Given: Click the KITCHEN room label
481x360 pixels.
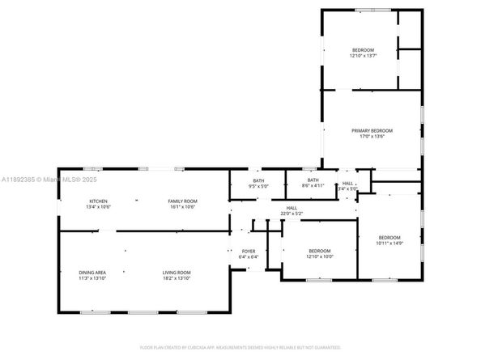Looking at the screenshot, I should tap(98, 201).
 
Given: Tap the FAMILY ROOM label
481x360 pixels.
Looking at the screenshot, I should tap(183, 201).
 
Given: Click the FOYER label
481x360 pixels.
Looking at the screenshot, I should tap(249, 251).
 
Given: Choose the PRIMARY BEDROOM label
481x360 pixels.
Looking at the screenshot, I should tap(372, 130).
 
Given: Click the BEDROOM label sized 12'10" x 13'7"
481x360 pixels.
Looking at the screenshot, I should tap(363, 50).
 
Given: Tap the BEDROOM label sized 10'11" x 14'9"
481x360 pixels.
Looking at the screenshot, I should tap(389, 236).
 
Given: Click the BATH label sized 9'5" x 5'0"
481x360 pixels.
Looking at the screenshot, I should tap(258, 180).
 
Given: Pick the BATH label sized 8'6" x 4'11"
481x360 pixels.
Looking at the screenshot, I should tap(313, 180).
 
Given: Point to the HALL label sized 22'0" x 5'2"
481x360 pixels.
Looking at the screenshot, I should tap(292, 208).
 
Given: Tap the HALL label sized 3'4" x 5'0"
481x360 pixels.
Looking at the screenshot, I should tap(347, 184).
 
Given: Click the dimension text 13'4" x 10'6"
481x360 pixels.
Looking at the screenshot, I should tap(98, 207).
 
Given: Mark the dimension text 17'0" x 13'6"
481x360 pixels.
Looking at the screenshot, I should tap(372, 137).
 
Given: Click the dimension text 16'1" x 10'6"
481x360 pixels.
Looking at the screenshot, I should tap(183, 207).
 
